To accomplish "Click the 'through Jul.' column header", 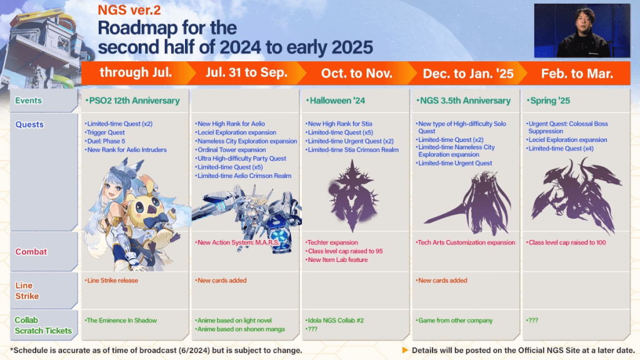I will coord(136,72).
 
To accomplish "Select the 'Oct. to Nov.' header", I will coord(356,73).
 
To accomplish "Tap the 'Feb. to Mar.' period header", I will coord(576,73).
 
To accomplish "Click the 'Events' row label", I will coord(29,101).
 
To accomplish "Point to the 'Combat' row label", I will coord(31,251).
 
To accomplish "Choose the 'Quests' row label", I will coord(30,124).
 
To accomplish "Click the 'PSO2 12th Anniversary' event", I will coord(132,101).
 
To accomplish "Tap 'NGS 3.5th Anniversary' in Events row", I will coord(463,101).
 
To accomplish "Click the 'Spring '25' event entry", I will coord(550,101).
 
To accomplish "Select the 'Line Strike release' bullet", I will coord(112,281).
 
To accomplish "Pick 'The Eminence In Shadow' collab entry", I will coord(122,321).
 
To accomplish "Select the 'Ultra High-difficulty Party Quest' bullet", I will coord(242,159).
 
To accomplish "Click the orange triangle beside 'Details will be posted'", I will coord(405,350).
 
